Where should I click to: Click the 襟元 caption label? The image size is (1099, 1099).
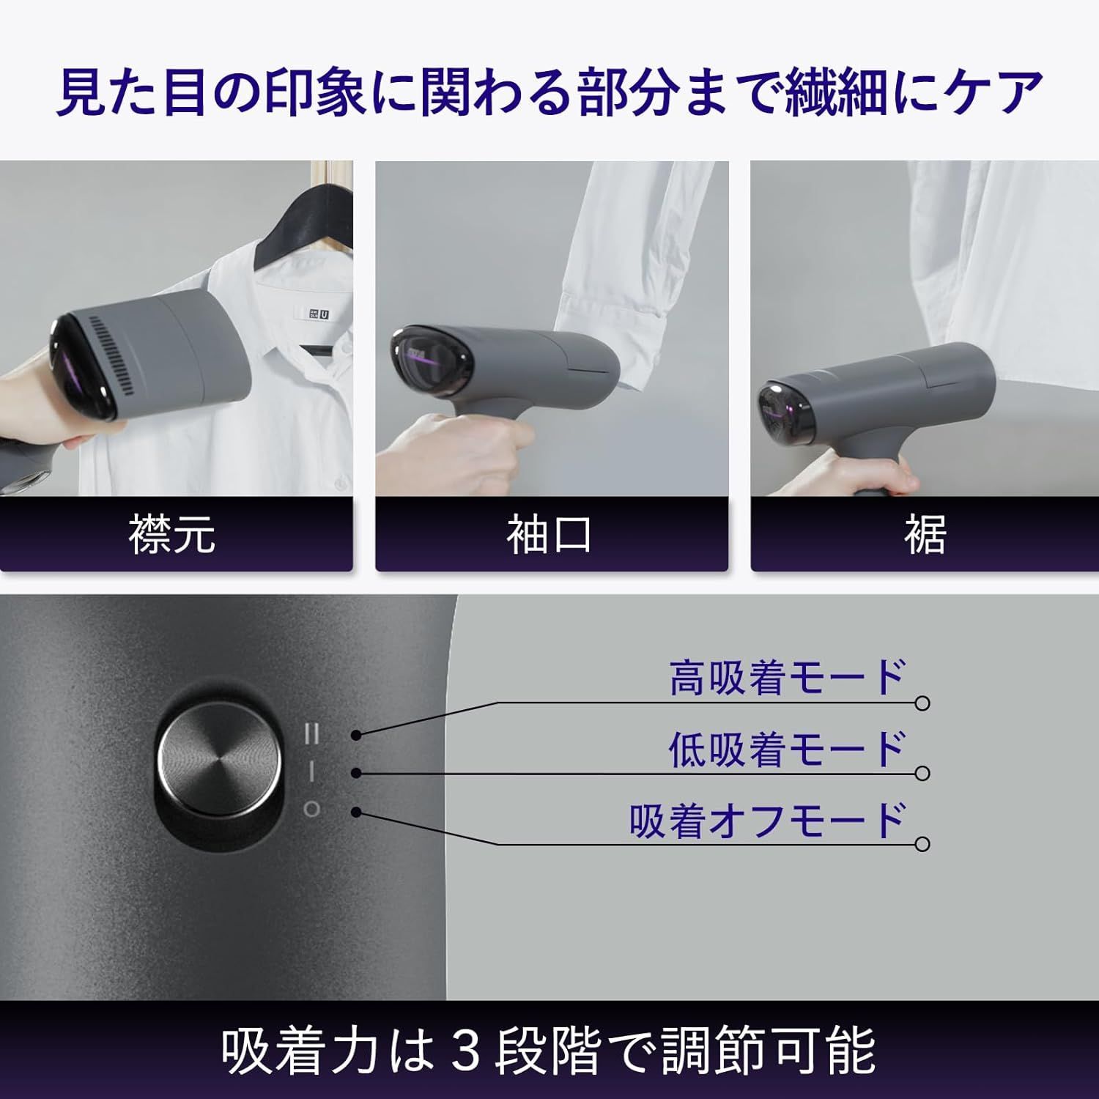[x=173, y=534]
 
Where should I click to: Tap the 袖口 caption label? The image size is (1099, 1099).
[x=549, y=534]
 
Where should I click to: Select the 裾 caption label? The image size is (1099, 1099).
[x=925, y=534]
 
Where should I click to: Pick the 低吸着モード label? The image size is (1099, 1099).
[x=788, y=749]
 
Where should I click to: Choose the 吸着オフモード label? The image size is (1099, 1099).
[x=768, y=820]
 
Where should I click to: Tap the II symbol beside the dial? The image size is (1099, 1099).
[x=312, y=733]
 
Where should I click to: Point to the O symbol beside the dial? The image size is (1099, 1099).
[x=312, y=810]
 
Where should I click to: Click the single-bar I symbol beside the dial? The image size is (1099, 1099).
[x=312, y=771]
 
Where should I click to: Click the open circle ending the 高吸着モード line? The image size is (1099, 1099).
[x=923, y=703]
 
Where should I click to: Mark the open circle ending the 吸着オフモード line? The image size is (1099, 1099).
[x=923, y=844]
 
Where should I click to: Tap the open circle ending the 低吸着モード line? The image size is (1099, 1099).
[x=923, y=774]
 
